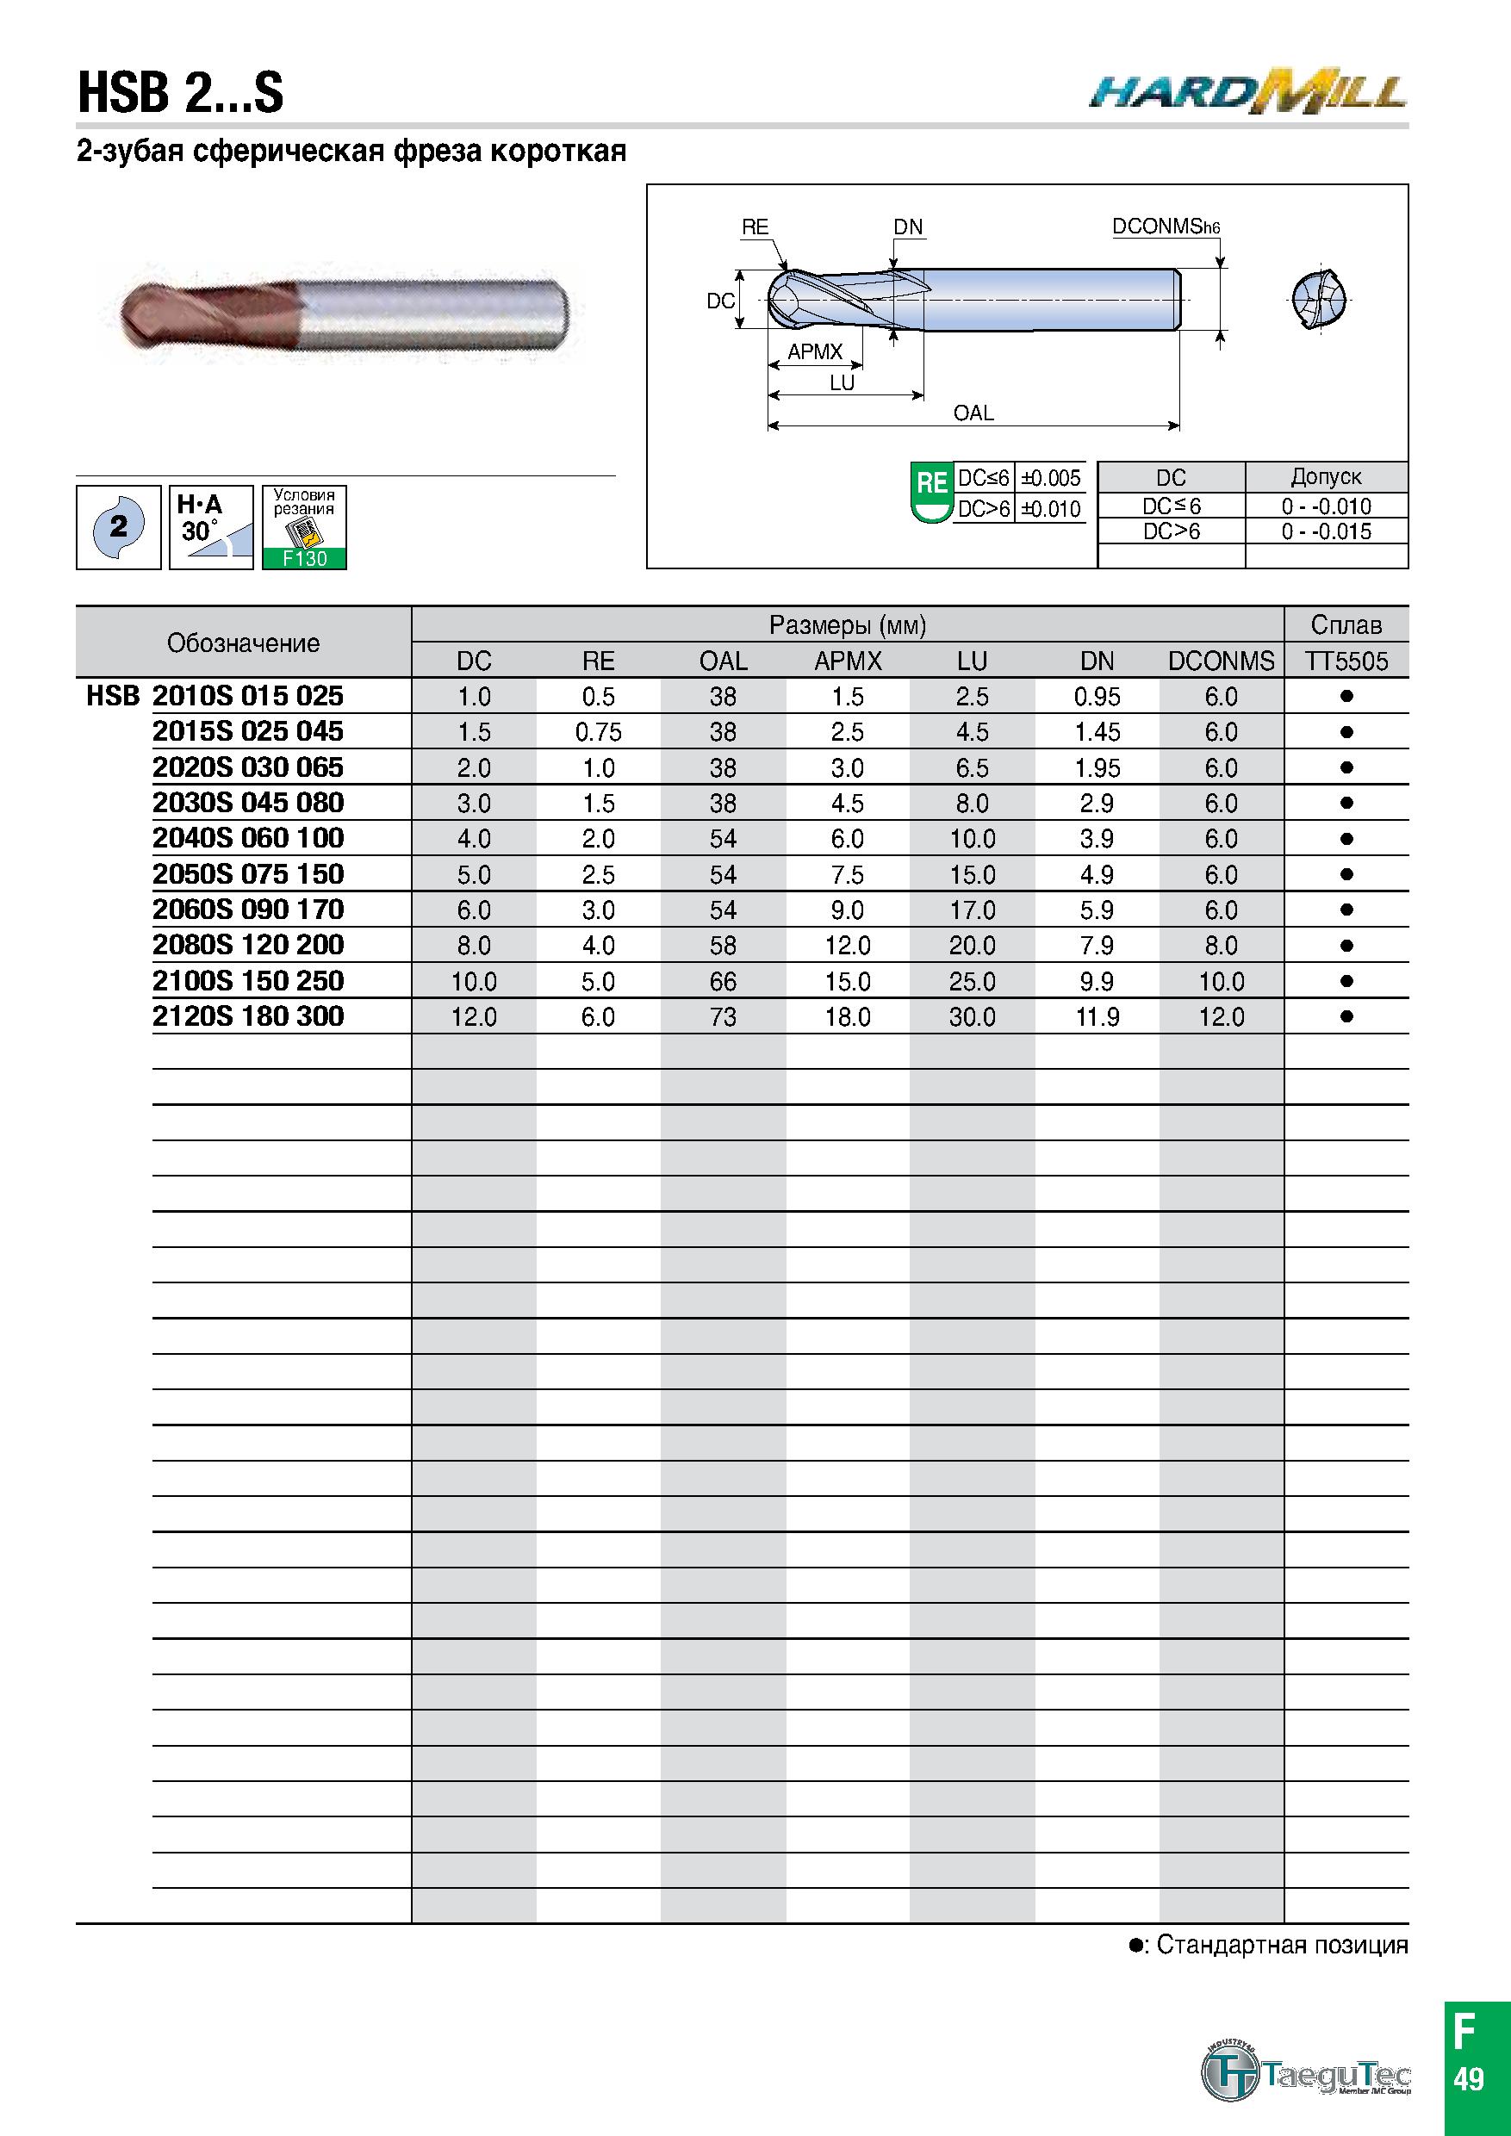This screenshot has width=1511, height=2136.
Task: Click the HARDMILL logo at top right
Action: [x=1247, y=91]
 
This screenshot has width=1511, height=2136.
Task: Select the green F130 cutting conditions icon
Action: [x=304, y=526]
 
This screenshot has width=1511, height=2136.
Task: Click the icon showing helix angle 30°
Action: [x=211, y=526]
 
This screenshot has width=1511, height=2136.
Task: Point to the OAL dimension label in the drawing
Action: [x=973, y=413]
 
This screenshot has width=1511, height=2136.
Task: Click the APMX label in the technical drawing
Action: [x=815, y=351]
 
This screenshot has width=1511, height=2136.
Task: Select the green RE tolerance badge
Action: [x=931, y=491]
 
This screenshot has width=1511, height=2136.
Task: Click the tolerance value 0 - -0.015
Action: [x=1326, y=531]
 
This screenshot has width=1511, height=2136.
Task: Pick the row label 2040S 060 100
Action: [x=248, y=837]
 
